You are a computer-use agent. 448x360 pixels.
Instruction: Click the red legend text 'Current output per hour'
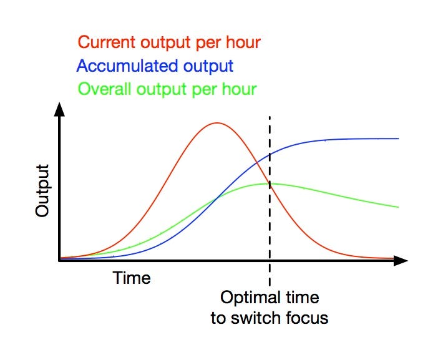(x=169, y=43)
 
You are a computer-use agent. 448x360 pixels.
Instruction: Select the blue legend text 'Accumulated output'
(x=155, y=66)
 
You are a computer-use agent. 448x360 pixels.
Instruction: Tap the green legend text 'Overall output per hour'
(x=167, y=89)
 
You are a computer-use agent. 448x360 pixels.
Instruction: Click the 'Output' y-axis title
(x=42, y=190)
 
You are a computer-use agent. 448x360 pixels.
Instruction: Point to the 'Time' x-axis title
(x=132, y=278)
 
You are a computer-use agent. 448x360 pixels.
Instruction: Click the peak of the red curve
(x=217, y=123)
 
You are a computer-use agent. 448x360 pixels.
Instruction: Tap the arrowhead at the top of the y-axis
(x=59, y=109)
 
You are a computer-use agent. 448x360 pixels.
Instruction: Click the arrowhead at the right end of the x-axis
(x=401, y=261)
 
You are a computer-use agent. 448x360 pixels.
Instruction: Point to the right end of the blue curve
(x=399, y=139)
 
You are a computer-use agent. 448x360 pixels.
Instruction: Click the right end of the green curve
(x=399, y=207)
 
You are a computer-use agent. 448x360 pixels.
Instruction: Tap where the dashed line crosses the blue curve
(x=270, y=154)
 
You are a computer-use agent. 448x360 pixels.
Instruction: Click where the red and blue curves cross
(x=257, y=162)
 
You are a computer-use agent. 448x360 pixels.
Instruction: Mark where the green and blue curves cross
(x=217, y=197)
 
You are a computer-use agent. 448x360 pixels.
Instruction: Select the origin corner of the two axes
(x=59, y=261)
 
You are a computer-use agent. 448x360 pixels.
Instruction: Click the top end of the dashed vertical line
(x=270, y=117)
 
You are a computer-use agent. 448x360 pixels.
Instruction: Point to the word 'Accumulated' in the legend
(x=128, y=66)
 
